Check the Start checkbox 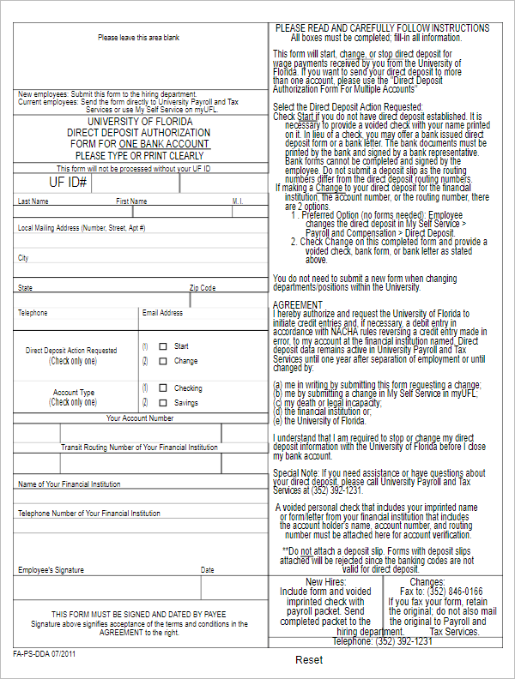click(163, 346)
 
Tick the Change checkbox click(163, 361)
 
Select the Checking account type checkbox click(163, 388)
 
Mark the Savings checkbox click(163, 402)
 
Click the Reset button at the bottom click(309, 660)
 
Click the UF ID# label click(68, 183)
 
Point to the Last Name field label click(33, 201)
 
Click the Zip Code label click(203, 288)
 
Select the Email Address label click(162, 313)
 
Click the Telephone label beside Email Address click(33, 313)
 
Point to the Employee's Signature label click(51, 569)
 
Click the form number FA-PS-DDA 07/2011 click(45, 653)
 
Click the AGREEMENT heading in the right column click(298, 305)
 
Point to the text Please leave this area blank click(138, 38)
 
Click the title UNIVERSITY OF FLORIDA click(139, 122)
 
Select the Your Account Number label click(139, 418)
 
